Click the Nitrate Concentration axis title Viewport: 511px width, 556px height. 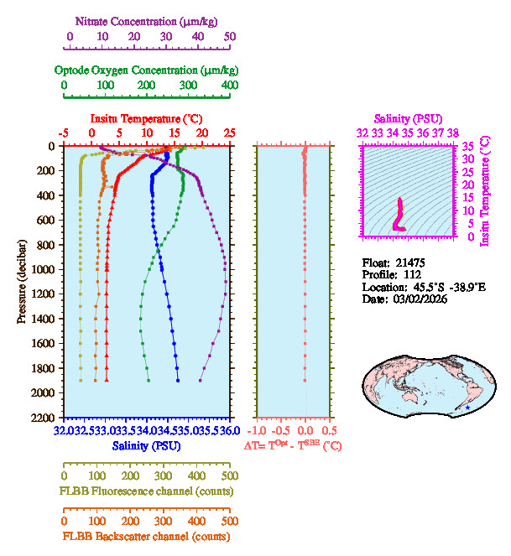coord(149,19)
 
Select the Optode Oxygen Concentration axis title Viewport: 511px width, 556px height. coord(145,70)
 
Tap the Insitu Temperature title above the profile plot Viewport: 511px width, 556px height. coord(145,118)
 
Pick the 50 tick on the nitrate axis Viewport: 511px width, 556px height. coord(230,37)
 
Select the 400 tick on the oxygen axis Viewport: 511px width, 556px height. coord(229,86)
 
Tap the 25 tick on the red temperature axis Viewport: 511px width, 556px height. coord(229,133)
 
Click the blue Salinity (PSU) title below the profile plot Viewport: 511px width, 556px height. coord(144,446)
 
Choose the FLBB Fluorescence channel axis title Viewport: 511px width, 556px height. coord(146,491)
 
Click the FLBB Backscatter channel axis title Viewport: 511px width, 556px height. coord(146,537)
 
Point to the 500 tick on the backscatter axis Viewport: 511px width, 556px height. coord(229,521)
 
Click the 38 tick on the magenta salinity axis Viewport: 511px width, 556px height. coord(452,133)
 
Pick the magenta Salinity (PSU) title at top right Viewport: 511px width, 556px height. coord(407,119)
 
